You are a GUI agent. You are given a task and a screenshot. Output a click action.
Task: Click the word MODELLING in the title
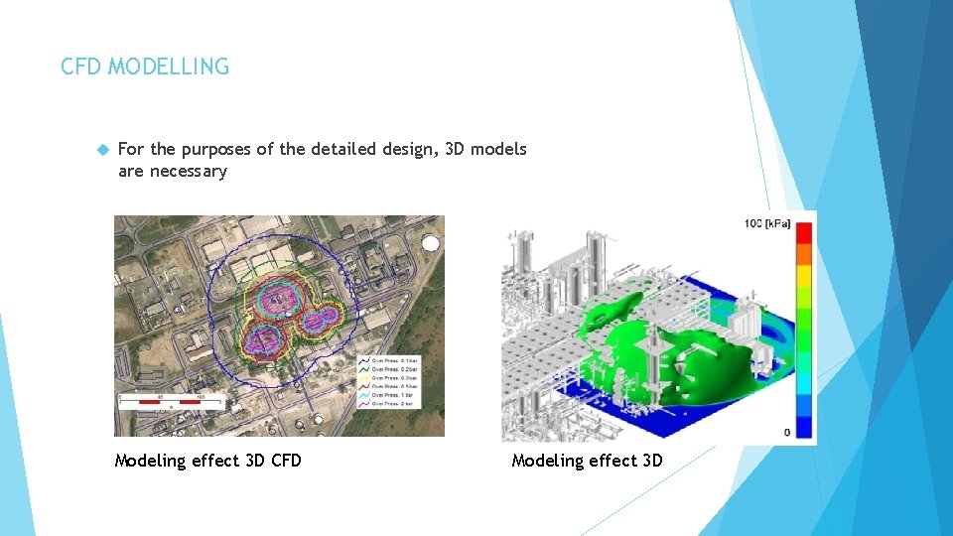point(169,67)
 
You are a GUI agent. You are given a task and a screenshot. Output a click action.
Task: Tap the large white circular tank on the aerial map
point(431,244)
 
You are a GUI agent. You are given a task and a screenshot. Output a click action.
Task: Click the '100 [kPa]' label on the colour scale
point(767,223)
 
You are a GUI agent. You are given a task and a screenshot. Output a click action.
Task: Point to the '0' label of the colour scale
point(786,432)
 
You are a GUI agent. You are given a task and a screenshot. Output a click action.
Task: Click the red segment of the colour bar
point(804,233)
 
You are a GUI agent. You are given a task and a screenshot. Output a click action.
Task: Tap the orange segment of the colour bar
point(804,255)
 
